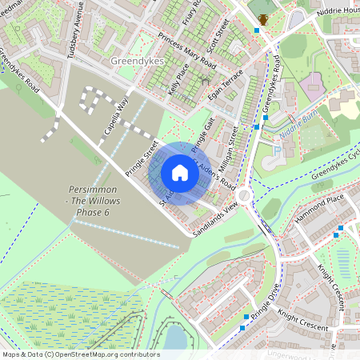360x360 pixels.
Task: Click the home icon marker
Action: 180,173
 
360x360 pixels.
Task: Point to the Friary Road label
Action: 190,13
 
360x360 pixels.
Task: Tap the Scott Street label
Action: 218,36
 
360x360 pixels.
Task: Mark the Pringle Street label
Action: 142,159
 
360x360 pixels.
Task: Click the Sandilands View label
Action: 216,218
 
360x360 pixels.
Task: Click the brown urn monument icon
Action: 263,19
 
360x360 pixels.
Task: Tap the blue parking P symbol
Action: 277,150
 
